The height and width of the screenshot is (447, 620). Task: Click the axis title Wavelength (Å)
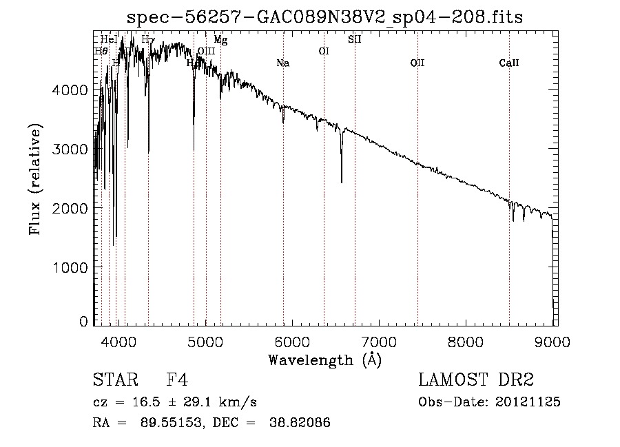(324, 360)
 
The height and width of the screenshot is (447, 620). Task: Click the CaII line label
(509, 63)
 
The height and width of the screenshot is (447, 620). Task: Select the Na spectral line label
(282, 63)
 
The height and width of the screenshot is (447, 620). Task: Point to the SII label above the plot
(355, 39)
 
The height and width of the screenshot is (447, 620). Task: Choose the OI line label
(324, 51)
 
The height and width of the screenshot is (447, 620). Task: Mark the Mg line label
(220, 40)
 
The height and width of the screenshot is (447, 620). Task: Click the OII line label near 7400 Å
(417, 63)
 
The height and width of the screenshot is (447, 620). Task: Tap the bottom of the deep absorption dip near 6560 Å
(342, 182)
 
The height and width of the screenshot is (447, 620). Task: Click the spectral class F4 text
(177, 380)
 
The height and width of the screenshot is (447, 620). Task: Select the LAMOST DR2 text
(476, 380)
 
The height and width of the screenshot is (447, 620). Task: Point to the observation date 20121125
(528, 402)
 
